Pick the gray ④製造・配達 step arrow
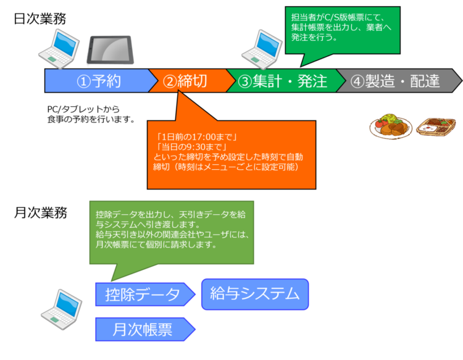(395, 81)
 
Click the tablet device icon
(111, 49)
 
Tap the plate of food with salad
(390, 126)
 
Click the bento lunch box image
(437, 128)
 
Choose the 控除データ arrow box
(143, 295)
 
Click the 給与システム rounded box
(254, 294)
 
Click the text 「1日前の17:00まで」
(197, 136)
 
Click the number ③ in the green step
(244, 81)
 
